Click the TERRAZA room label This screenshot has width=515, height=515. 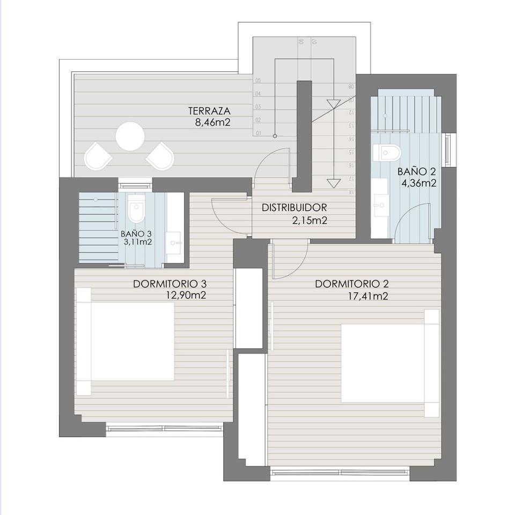(x=209, y=111)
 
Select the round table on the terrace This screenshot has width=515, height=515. (x=130, y=136)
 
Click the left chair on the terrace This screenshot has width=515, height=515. (x=98, y=156)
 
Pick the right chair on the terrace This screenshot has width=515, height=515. (x=160, y=156)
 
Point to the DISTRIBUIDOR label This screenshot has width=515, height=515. (x=294, y=208)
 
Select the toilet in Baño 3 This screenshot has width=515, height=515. (x=137, y=212)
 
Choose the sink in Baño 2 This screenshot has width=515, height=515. (x=382, y=204)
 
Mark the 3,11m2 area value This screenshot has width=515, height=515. (x=136, y=242)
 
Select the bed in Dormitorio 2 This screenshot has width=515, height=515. (x=389, y=363)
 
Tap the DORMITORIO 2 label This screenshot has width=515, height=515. (x=351, y=284)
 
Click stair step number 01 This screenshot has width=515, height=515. (x=259, y=133)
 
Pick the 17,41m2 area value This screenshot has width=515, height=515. (x=368, y=296)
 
